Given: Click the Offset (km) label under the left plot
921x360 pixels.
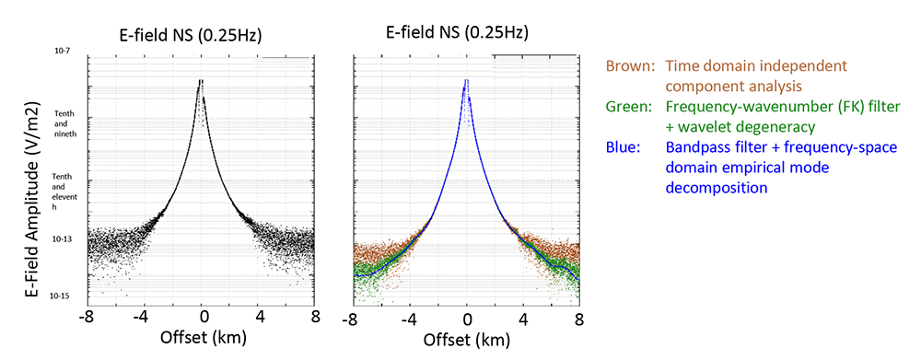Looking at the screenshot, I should click(x=203, y=336).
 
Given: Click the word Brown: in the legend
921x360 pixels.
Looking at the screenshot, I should click(x=631, y=67).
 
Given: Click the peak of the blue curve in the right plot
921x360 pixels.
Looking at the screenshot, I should click(x=467, y=82).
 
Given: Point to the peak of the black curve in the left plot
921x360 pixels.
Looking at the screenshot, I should click(x=200, y=82).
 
